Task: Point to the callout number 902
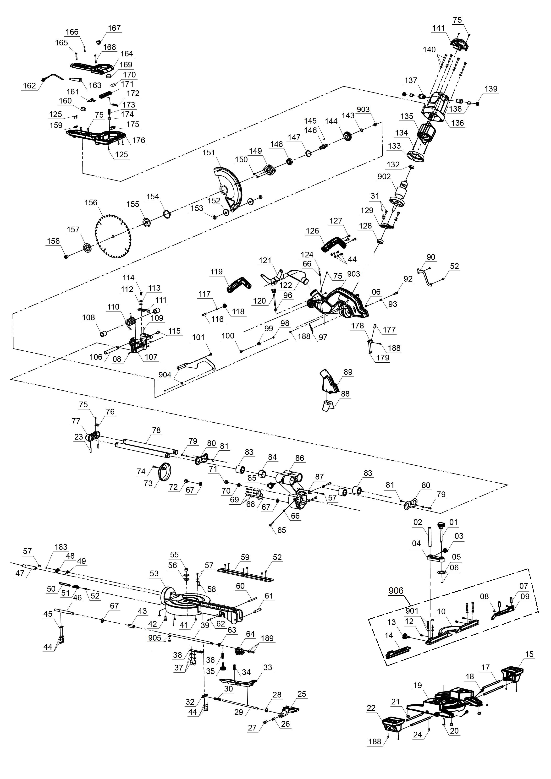tap(384, 176)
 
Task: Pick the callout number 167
tap(114, 28)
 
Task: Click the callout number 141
tap(438, 28)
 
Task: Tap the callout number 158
tap(53, 241)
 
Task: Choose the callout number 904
tap(165, 375)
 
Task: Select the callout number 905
tap(154, 638)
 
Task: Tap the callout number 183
tap(61, 547)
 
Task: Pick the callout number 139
tap(491, 88)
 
